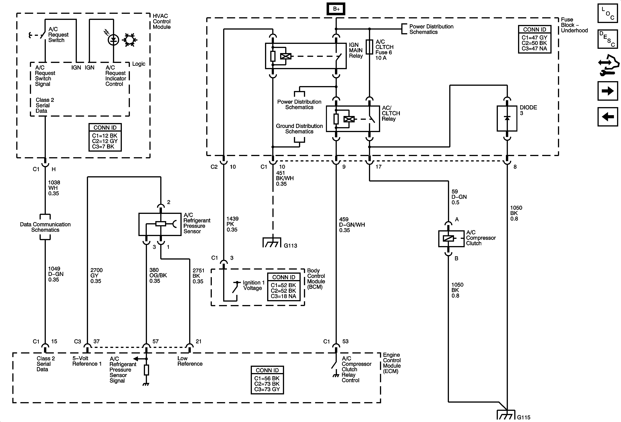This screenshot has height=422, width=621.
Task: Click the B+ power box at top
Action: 336,9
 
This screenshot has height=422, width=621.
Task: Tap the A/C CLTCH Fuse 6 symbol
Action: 369,47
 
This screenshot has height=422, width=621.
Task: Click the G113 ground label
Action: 290,246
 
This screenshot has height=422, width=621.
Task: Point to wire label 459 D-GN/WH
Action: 352,225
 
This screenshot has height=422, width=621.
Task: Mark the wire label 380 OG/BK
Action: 158,275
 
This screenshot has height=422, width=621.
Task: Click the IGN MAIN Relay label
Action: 356,50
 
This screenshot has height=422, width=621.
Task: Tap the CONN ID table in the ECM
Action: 267,380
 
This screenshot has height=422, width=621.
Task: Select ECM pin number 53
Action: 345,341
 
